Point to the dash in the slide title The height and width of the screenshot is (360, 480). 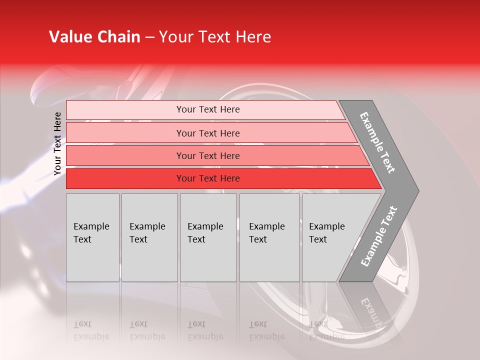click(149, 37)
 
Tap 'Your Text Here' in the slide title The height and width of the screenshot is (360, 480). click(215, 37)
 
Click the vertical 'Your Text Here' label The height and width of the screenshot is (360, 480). click(57, 143)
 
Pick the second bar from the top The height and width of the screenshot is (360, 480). click(208, 133)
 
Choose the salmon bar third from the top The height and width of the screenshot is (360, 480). click(208, 155)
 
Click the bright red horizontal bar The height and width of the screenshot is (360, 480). click(208, 178)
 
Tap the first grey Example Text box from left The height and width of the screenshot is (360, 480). click(92, 237)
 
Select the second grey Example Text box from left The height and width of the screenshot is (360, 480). click(149, 237)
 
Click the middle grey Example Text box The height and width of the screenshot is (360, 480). click(208, 237)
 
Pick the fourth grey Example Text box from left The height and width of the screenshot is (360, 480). click(269, 237)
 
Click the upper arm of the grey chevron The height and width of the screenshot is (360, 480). click(377, 142)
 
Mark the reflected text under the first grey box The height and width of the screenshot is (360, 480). click(91, 330)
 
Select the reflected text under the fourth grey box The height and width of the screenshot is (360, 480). click(266, 330)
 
